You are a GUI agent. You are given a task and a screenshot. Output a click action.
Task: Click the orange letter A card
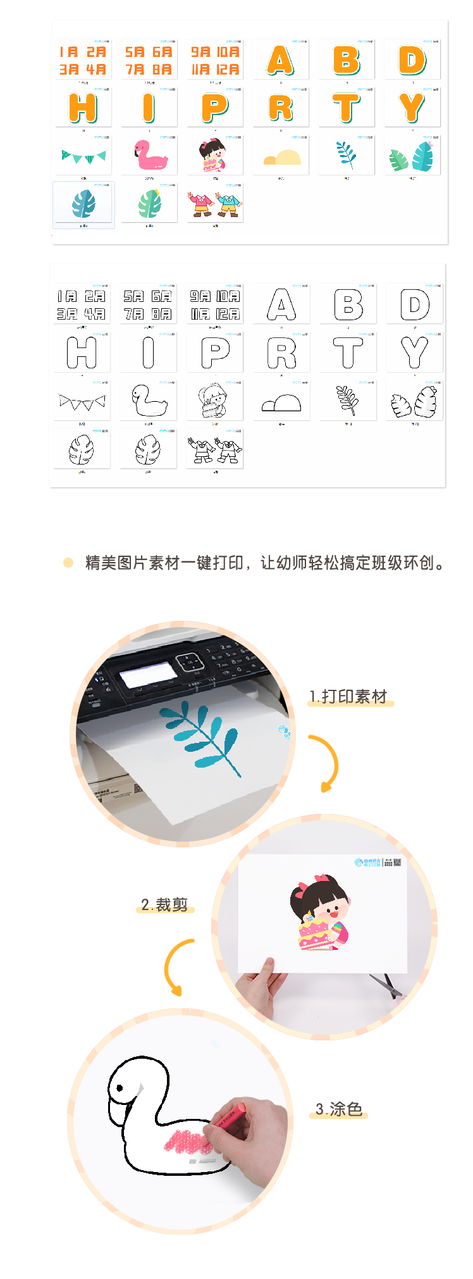[x=280, y=60]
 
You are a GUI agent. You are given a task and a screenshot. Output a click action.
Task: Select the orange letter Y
[x=412, y=108]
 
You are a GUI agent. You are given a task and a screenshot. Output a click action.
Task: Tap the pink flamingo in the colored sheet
[x=150, y=155]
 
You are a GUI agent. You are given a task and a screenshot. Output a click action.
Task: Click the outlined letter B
[x=348, y=304]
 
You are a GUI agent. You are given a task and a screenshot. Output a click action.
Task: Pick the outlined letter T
[x=348, y=353]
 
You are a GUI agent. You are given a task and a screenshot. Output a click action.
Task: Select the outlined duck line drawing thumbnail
[x=149, y=400]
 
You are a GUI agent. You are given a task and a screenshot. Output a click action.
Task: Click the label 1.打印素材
[x=348, y=696]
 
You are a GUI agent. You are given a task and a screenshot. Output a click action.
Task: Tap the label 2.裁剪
[x=164, y=905]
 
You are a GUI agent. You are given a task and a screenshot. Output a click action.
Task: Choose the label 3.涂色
[x=339, y=1109]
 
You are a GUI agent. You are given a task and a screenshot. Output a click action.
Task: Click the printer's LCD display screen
[x=149, y=674]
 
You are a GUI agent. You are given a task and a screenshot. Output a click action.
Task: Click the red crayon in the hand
[x=228, y=1118]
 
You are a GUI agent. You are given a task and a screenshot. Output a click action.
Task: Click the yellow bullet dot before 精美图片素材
[x=68, y=563]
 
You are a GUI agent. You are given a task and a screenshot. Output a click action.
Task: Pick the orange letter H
[x=83, y=108]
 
